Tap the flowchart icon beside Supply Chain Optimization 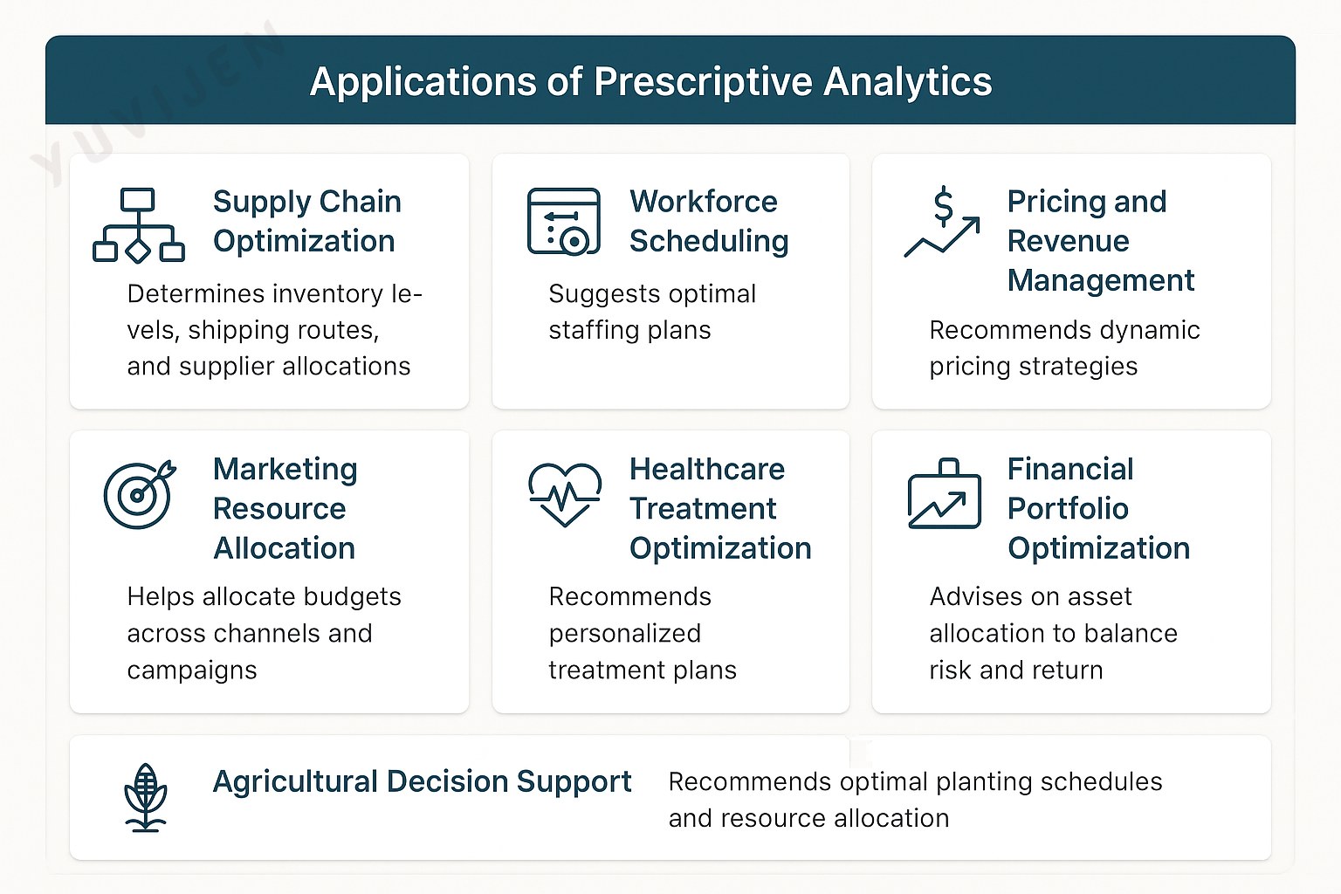coord(139,225)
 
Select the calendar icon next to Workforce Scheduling coord(563,222)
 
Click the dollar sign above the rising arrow coord(944,206)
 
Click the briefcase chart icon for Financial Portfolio coord(944,493)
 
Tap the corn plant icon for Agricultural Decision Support coord(146,798)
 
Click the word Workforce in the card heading coord(704,201)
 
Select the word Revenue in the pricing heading coord(1068,241)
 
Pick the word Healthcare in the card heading coord(707,469)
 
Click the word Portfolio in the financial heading coord(1068,508)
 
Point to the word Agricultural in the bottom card coord(295,782)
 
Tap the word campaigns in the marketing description coord(192,670)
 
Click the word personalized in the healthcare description coord(625,634)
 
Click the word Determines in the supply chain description coord(196,294)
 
